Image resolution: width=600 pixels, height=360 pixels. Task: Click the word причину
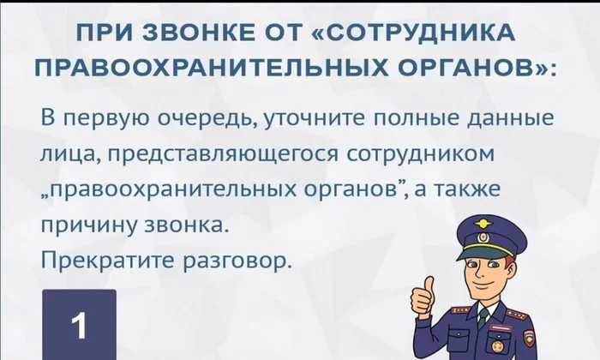(96, 226)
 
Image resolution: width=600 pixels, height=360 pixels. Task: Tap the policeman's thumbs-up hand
(423, 296)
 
